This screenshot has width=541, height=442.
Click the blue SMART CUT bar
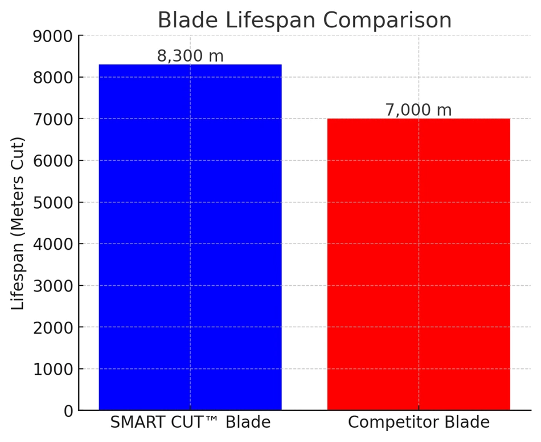tap(190, 237)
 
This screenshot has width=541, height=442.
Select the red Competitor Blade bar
tap(419, 265)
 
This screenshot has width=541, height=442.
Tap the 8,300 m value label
tap(190, 56)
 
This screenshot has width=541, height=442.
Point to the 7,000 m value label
tap(418, 110)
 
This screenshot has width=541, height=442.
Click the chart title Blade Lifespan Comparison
tap(304, 20)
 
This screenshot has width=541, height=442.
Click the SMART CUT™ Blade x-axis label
tap(190, 422)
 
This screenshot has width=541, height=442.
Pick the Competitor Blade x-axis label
tap(419, 422)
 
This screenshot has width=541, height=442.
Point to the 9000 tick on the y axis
tap(53, 37)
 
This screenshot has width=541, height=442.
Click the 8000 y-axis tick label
tap(53, 78)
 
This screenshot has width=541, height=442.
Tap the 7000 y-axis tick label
tap(53, 120)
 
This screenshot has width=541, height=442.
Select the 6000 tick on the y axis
tap(53, 161)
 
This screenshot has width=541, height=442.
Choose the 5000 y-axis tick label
tap(53, 203)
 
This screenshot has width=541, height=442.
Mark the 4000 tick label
tap(53, 244)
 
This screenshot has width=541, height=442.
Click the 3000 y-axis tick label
tap(53, 286)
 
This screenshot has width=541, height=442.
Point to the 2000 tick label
tap(53, 327)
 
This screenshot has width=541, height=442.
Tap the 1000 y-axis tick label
tap(53, 370)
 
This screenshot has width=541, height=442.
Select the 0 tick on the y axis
tap(68, 411)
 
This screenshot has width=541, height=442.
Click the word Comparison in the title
tap(387, 21)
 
